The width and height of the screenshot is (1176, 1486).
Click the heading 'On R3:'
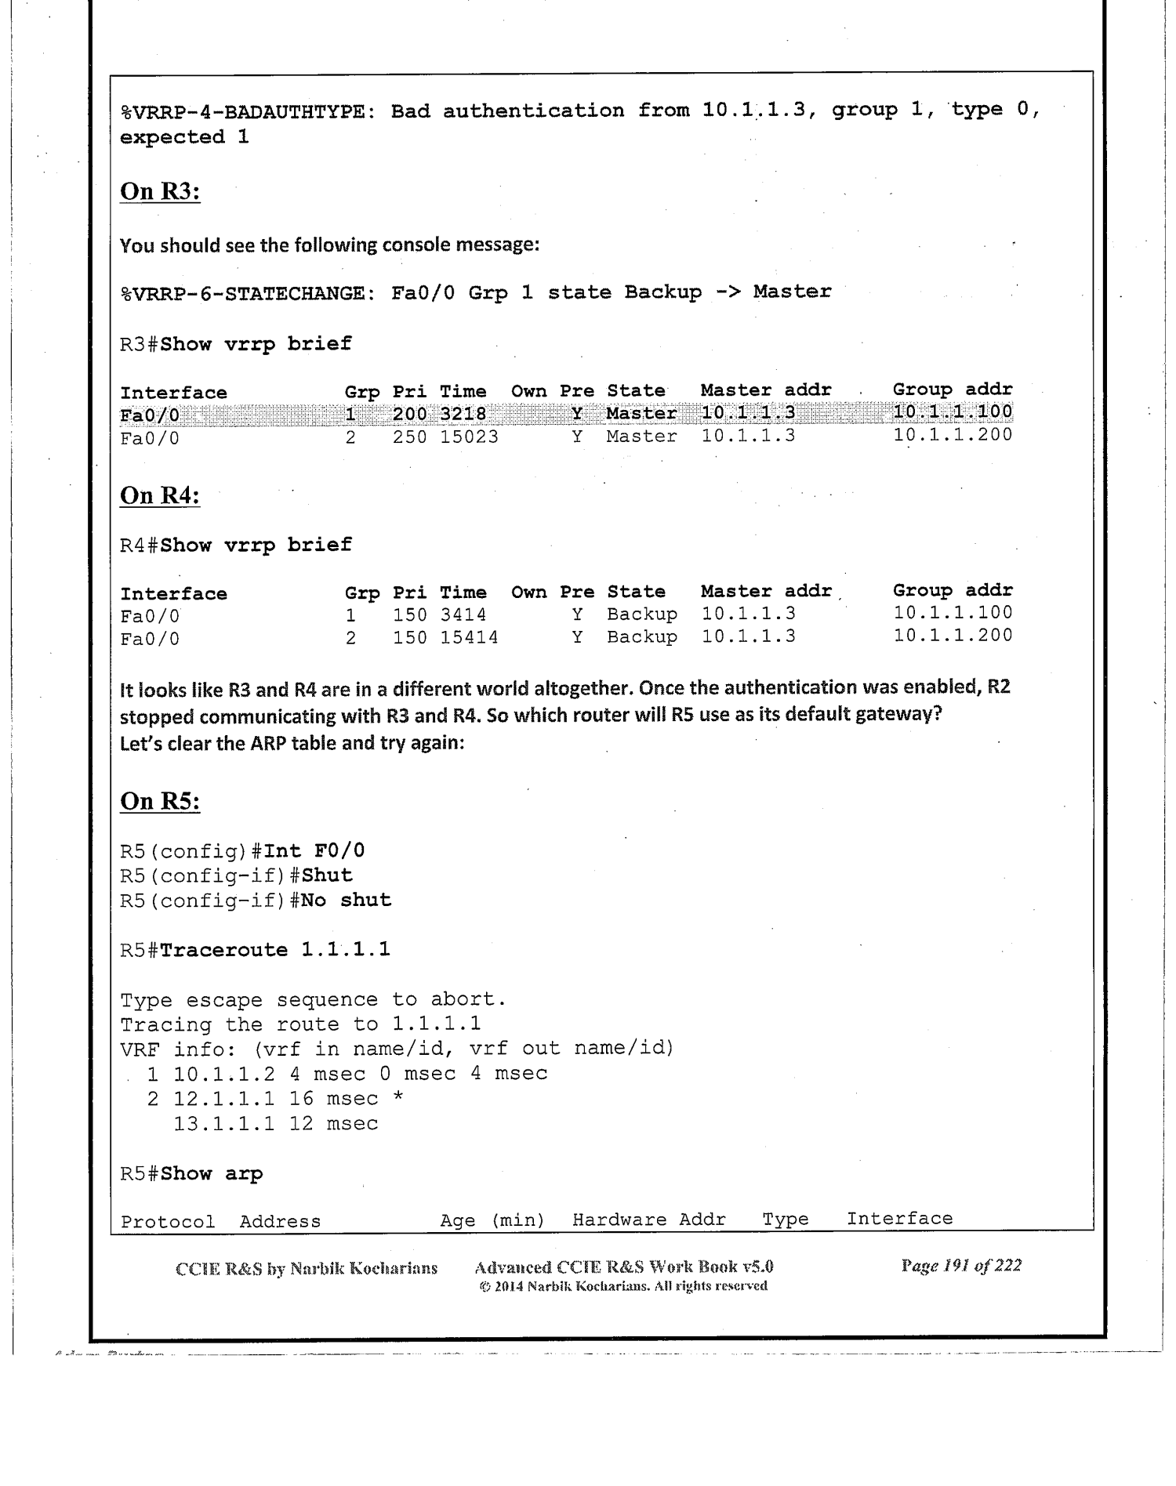[x=160, y=191]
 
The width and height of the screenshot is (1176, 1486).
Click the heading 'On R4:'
[x=160, y=496]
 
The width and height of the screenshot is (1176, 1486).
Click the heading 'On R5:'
[x=160, y=801]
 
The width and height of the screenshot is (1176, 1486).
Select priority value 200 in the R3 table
[x=409, y=414]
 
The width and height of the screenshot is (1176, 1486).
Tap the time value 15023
[x=468, y=437]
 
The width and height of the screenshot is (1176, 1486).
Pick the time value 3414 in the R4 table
[x=463, y=615]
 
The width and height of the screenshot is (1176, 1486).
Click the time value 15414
[x=468, y=638]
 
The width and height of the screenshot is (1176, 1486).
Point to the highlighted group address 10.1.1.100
[x=953, y=412]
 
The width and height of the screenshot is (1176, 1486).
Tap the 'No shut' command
[x=346, y=900]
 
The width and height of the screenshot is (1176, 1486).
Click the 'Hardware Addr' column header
[x=648, y=1220]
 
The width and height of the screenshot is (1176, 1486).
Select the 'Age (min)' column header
[x=492, y=1220]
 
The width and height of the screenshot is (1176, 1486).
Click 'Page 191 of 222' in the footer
[x=961, y=1266]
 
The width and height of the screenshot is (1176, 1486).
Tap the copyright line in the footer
[x=622, y=1286]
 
